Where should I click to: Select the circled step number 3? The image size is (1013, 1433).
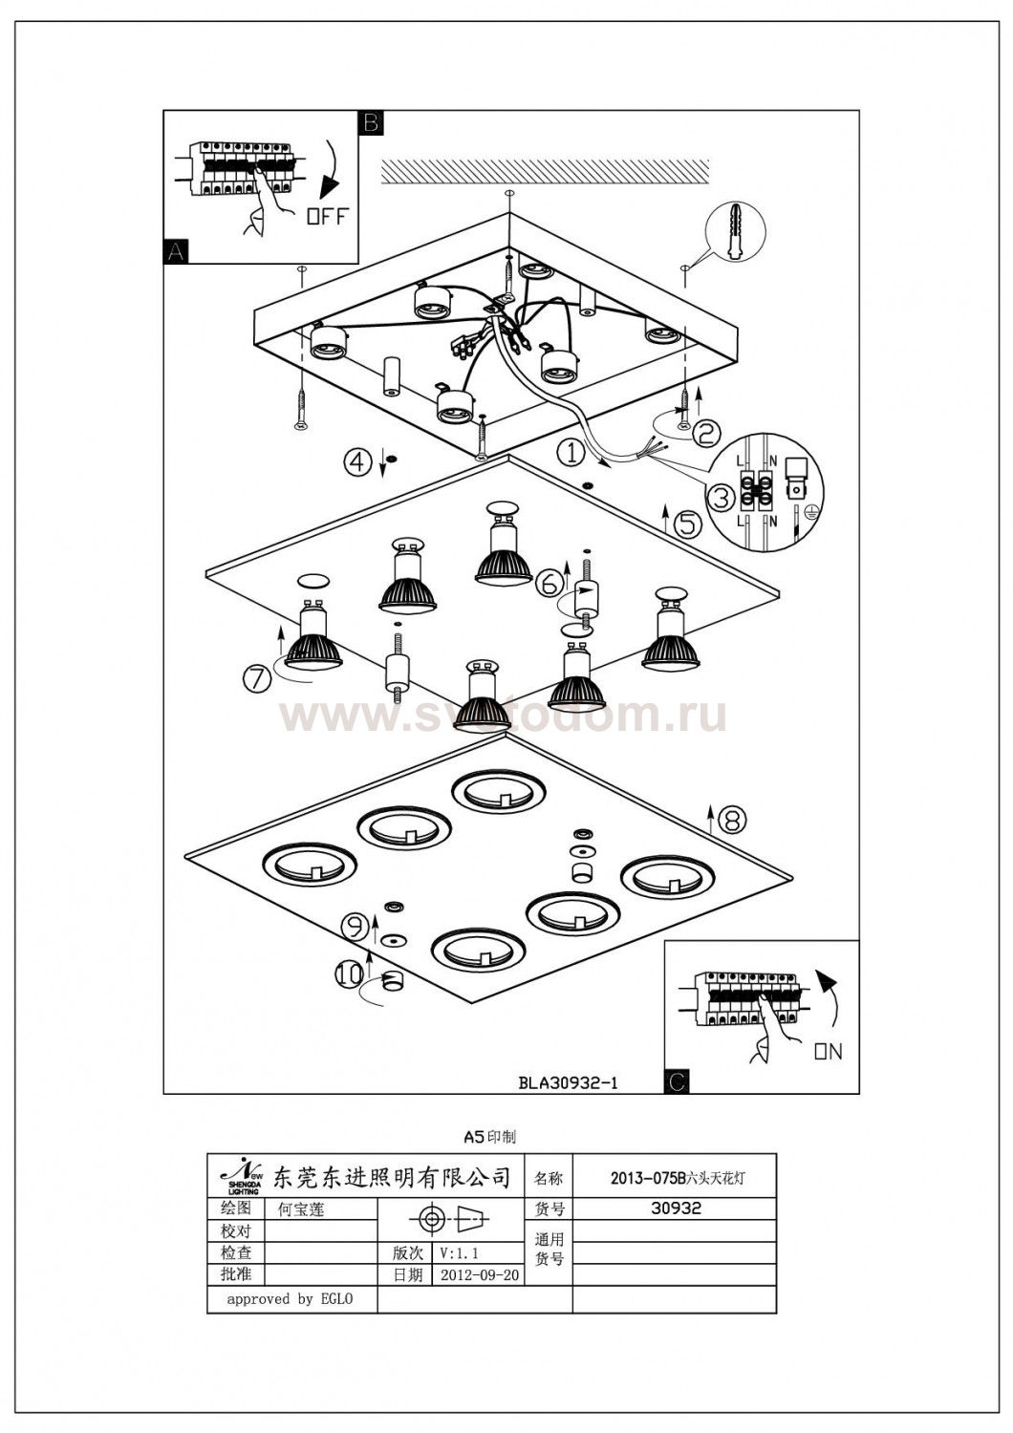[x=722, y=498]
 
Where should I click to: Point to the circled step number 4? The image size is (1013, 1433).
[x=356, y=462]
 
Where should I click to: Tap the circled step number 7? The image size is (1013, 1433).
[x=256, y=677]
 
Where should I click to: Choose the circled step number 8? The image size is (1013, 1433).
[x=731, y=819]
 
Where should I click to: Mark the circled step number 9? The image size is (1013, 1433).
[x=355, y=925]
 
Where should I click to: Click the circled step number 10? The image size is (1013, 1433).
[x=349, y=973]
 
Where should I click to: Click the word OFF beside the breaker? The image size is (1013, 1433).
[x=327, y=217]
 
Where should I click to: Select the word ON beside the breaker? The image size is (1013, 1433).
[x=828, y=1052]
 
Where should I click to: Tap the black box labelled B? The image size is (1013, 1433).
[x=370, y=122]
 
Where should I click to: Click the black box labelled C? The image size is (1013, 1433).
[x=677, y=1081]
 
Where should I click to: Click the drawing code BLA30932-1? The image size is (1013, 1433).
[x=570, y=1082]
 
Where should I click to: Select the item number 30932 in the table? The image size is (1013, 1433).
[x=676, y=1208]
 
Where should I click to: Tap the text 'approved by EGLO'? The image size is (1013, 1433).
[x=290, y=1299]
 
